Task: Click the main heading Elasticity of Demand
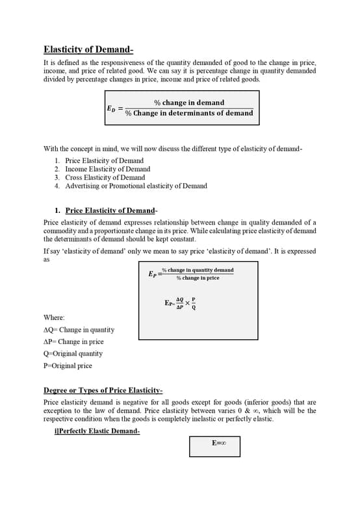(88, 49)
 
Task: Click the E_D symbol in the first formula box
(111, 108)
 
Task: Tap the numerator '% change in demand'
(188, 103)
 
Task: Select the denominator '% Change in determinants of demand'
(188, 113)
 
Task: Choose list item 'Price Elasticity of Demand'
(104, 160)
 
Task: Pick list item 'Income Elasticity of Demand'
(107, 169)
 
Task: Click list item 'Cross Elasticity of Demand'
(105, 177)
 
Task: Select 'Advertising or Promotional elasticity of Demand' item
(136, 186)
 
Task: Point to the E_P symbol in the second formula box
(153, 274)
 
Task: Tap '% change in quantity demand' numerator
(198, 270)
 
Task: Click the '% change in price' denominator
(198, 278)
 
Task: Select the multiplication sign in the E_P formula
(187, 303)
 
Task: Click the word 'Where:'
(54, 317)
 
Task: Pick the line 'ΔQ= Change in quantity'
(79, 330)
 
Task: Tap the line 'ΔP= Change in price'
(73, 341)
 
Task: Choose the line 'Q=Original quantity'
(73, 354)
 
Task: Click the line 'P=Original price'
(68, 366)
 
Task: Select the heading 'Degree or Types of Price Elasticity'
(102, 390)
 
